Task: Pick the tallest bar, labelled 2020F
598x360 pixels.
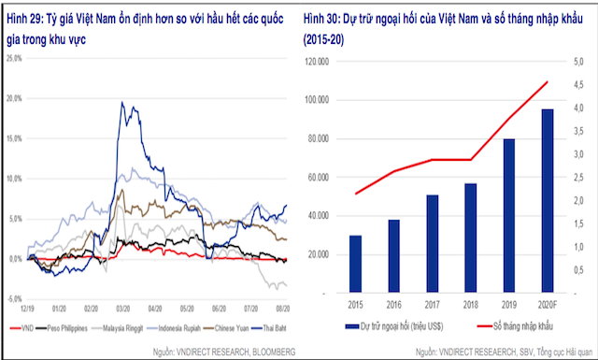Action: click(546, 201)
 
